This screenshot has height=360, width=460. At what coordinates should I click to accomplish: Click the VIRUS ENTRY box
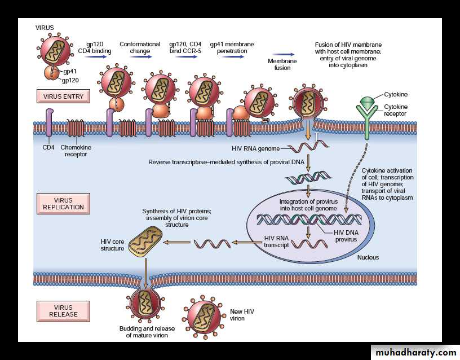click(63, 96)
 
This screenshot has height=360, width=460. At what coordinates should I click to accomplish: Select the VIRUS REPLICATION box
click(63, 204)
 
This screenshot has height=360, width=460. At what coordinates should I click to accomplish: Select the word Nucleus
click(368, 257)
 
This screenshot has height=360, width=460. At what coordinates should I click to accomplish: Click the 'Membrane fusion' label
click(279, 64)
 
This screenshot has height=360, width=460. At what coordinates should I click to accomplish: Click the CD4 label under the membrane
click(49, 148)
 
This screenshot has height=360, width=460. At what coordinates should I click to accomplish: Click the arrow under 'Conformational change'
click(136, 56)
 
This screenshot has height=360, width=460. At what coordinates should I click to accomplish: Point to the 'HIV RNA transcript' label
click(276, 242)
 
